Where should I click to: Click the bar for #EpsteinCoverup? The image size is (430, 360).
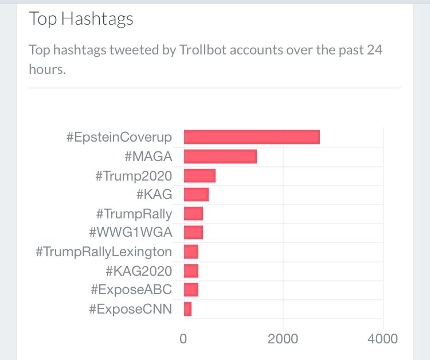251,137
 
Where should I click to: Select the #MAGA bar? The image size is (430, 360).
220,156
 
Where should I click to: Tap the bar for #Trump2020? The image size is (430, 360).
199,175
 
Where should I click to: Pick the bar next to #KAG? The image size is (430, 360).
196,194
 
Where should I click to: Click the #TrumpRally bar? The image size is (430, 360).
193,214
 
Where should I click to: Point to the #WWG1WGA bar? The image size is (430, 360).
193,233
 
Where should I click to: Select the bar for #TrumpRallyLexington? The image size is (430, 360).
190,252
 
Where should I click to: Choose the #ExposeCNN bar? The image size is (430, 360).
187,309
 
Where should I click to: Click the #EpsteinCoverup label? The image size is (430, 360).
119,138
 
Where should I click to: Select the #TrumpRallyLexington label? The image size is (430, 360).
104,252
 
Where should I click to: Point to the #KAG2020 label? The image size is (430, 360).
139,271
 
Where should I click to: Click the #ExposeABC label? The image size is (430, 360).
131,290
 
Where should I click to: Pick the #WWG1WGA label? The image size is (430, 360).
131,233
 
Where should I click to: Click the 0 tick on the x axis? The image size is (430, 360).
183,339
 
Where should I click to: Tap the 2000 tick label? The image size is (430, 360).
283,339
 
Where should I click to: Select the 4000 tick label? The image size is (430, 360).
382,339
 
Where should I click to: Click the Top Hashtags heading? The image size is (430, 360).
81,19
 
